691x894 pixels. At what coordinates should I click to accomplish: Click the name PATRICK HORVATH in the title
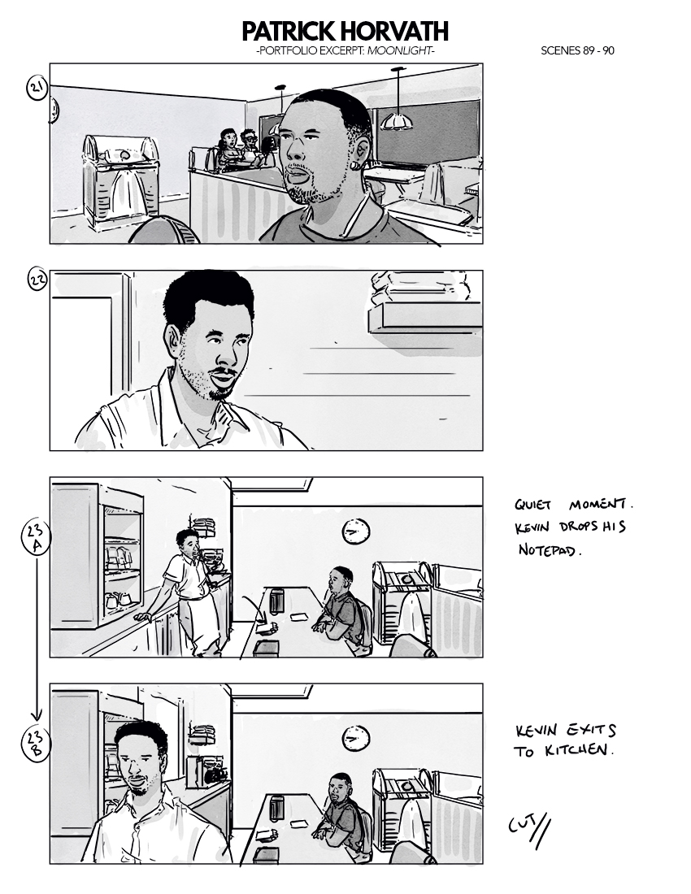[x=345, y=32]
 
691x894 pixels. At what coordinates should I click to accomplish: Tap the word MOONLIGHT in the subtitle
[x=399, y=50]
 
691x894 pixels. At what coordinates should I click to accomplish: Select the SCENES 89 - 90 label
[x=577, y=50]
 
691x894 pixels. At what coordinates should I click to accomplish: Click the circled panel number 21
[x=37, y=89]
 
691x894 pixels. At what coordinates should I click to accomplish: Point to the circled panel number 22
[x=37, y=280]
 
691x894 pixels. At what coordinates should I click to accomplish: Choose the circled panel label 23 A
[x=35, y=537]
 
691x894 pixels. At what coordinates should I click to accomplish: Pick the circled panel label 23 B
[x=35, y=744]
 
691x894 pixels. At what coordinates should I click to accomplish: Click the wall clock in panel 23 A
[x=356, y=532]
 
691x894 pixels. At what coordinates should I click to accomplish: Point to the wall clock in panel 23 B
[x=356, y=739]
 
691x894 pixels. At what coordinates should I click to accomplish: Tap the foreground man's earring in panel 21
[x=354, y=165]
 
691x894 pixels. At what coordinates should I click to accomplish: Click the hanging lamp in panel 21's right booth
[x=397, y=119]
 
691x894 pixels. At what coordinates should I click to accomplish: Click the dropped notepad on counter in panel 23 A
[x=267, y=628]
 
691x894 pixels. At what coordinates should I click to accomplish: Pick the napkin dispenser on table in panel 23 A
[x=277, y=601]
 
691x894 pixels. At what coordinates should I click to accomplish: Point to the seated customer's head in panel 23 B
[x=339, y=789]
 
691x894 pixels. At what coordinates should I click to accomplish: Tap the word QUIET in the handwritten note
[x=532, y=506]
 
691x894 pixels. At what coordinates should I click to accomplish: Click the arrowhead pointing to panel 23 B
[x=37, y=715]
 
